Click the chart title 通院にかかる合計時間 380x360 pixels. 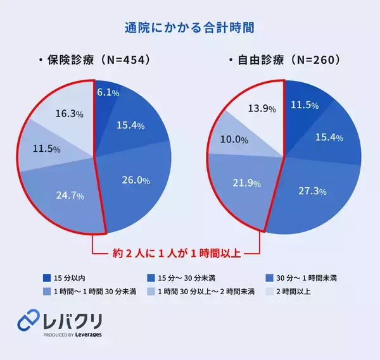[189, 28]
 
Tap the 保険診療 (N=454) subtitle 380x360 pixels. [97, 61]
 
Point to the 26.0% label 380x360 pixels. [135, 180]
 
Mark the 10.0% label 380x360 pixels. [234, 140]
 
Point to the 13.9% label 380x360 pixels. [261, 108]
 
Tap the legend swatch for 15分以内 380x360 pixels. [46, 278]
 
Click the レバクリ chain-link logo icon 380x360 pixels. [28, 321]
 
